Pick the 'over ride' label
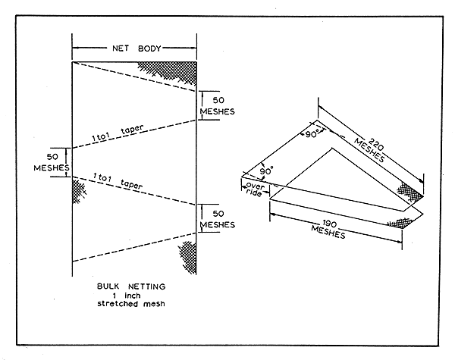tap(256, 189)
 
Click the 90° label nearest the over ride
tap(265, 172)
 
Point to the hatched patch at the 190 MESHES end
tap(399, 222)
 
